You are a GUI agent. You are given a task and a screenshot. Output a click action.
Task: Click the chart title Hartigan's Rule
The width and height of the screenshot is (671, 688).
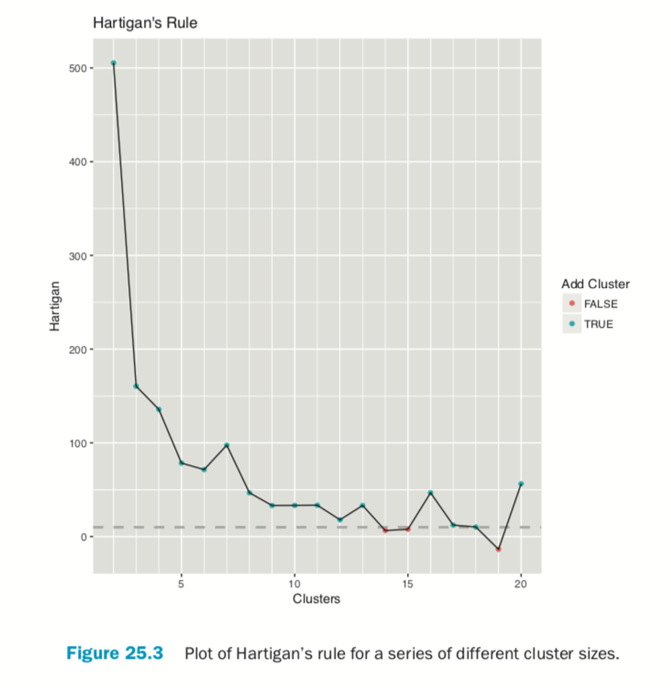pyautogui.click(x=145, y=23)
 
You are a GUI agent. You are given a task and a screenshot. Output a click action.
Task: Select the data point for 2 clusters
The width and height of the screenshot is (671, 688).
pyautogui.click(x=114, y=63)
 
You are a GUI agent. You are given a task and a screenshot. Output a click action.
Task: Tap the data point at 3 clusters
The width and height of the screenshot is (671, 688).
pyautogui.click(x=136, y=386)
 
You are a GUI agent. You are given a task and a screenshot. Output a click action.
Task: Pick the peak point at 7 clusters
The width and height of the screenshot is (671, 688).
pyautogui.click(x=226, y=445)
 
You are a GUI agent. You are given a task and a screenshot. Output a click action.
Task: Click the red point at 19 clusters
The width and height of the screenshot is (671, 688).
pyautogui.click(x=498, y=549)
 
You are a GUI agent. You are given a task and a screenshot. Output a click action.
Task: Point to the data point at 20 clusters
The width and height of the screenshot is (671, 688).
pyautogui.click(x=521, y=484)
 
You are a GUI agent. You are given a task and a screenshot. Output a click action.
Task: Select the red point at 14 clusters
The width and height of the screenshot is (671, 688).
pyautogui.click(x=385, y=530)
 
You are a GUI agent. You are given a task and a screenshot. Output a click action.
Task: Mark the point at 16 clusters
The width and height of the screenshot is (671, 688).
pyautogui.click(x=430, y=492)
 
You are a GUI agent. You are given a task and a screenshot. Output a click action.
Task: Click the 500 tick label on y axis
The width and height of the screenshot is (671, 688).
pyautogui.click(x=78, y=68)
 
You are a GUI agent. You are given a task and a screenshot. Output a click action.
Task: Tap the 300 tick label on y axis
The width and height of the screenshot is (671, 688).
pyautogui.click(x=78, y=256)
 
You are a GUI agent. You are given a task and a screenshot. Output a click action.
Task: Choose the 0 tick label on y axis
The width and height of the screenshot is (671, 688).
pyautogui.click(x=84, y=537)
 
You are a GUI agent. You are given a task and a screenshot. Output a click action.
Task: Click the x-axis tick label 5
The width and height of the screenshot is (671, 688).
pyautogui.click(x=181, y=584)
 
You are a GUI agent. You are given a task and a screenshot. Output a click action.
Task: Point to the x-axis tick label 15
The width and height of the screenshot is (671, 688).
pyautogui.click(x=407, y=584)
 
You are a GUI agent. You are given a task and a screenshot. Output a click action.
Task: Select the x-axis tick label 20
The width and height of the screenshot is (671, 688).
pyautogui.click(x=520, y=584)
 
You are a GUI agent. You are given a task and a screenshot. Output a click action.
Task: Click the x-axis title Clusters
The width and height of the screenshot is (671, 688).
pyautogui.click(x=316, y=599)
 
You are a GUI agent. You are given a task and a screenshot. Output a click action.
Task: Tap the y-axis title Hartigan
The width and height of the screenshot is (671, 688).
pyautogui.click(x=55, y=306)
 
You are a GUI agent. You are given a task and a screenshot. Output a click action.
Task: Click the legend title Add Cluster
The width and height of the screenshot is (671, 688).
pyautogui.click(x=595, y=284)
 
